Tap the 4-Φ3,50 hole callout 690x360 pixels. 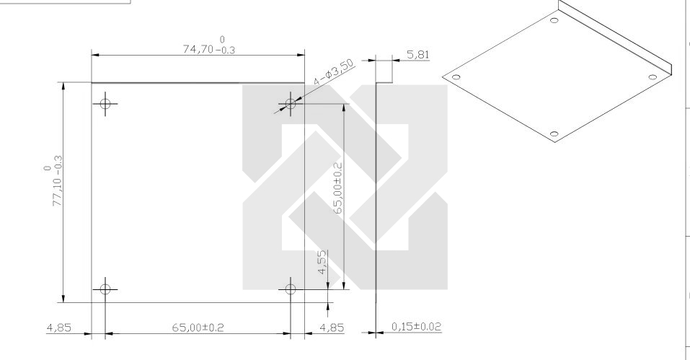pos(333,71)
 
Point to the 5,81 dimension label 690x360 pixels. pos(417,55)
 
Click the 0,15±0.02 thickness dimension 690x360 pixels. pos(416,327)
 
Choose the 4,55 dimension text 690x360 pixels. pos(322,263)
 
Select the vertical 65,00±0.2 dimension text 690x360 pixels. pos(337,188)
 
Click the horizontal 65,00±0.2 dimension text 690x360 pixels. pos(198,328)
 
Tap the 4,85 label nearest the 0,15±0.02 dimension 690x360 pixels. pos(332,328)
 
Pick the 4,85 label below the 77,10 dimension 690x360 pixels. pos(58,328)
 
